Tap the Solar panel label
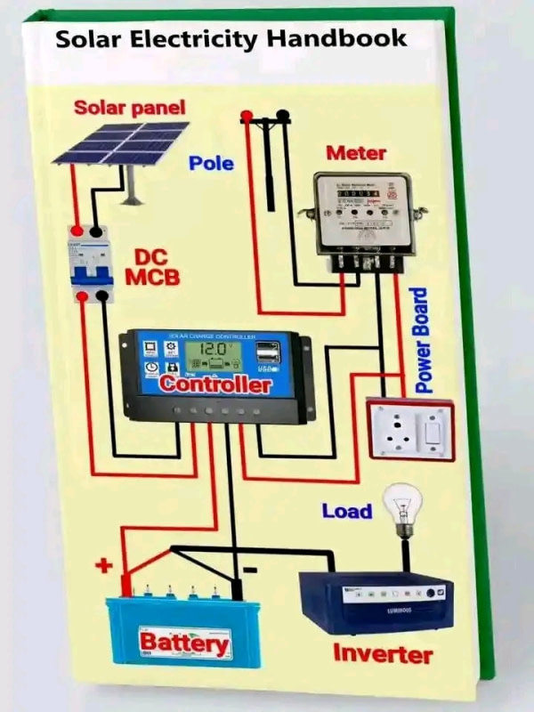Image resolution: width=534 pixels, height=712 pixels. pos(130,109)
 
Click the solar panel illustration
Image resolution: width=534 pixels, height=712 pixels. pos(120,143)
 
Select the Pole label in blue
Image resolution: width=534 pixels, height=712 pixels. pos(211,163)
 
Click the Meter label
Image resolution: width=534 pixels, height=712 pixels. pos(356,153)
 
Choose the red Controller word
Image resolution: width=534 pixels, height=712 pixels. pos(216,386)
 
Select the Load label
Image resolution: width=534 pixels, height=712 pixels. pos(346,512)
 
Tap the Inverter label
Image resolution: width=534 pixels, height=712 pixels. pos(383,654)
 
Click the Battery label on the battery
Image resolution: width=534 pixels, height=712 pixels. pos(184,642)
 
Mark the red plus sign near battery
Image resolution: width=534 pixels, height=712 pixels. pos(105,564)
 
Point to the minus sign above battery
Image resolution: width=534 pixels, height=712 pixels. pos(250,569)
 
